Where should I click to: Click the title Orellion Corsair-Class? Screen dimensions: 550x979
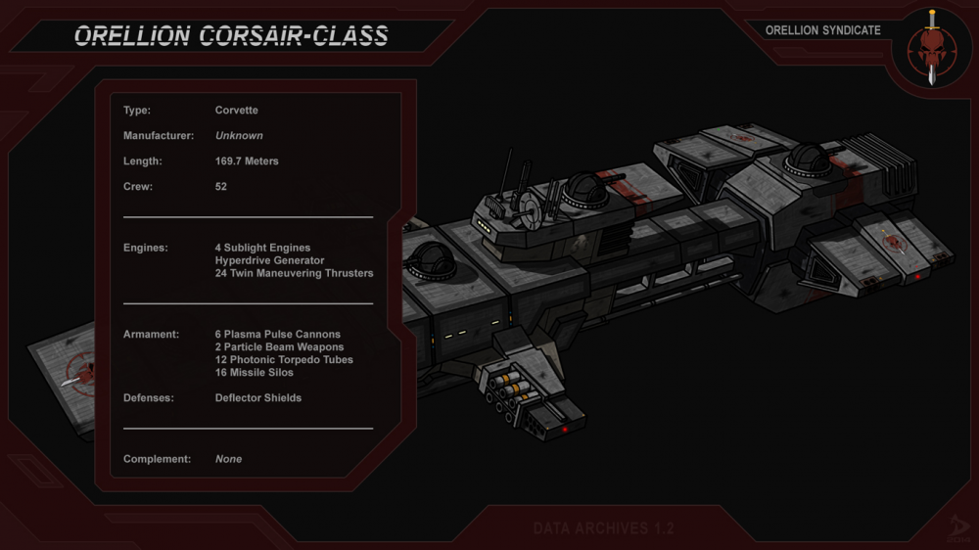click(231, 36)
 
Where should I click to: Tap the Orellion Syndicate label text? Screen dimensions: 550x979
click(822, 30)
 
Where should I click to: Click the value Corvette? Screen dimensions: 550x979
click(236, 111)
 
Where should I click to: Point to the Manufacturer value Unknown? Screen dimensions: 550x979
click(239, 136)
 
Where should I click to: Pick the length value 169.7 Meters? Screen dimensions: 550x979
click(247, 161)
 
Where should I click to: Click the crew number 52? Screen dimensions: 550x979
click(221, 187)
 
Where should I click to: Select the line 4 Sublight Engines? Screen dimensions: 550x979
click(262, 249)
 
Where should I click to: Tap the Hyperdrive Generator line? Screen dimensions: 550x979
click(269, 261)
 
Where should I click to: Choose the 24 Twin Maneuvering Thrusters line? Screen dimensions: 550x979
click(294, 274)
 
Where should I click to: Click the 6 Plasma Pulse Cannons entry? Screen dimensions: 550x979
click(278, 335)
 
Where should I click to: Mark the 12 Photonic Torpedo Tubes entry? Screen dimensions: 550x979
click(284, 360)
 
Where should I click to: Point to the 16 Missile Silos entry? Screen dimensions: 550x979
click(254, 373)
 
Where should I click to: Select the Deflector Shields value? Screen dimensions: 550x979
click(258, 398)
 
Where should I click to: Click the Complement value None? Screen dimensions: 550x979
click(228, 459)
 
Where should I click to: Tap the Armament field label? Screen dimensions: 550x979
click(151, 335)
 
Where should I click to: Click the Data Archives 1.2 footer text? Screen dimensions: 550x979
click(603, 528)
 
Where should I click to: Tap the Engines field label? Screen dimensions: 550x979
click(146, 249)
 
